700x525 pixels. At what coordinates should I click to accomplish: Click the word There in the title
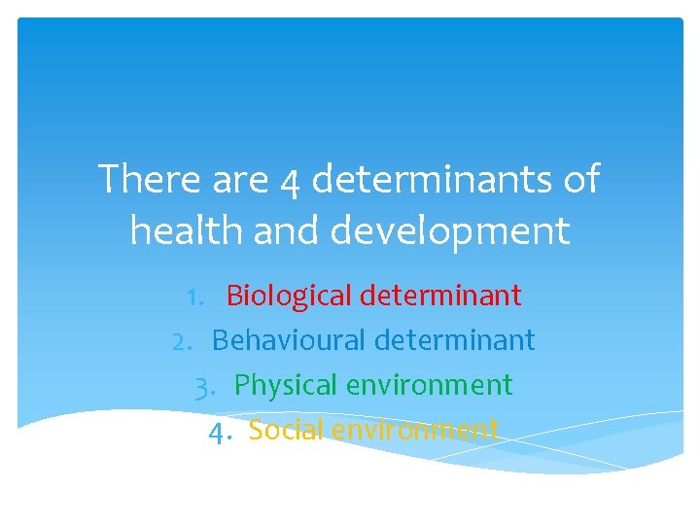coord(146,180)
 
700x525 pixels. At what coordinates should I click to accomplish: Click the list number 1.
coord(200,296)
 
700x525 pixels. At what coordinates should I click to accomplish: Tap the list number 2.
coord(186,340)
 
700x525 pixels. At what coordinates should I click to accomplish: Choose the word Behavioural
coord(289,340)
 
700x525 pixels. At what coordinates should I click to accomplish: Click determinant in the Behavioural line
coord(454,340)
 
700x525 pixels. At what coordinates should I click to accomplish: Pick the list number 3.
coord(206,386)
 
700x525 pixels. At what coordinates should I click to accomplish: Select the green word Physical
coord(283,386)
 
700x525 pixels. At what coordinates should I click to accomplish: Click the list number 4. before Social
coord(221,430)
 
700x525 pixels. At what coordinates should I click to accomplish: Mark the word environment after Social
coord(415,430)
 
